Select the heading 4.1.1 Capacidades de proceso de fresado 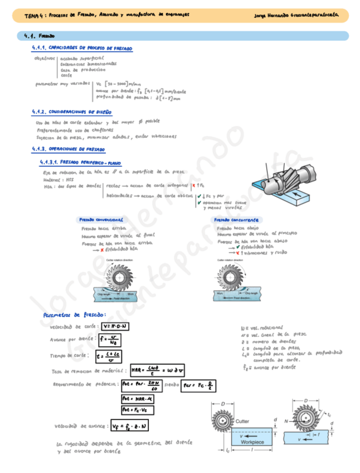(x=82, y=49)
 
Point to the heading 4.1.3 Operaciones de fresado (x=69, y=149)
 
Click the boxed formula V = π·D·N (x=114, y=326)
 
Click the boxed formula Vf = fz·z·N (x=129, y=426)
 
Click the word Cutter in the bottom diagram (x=242, y=422)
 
